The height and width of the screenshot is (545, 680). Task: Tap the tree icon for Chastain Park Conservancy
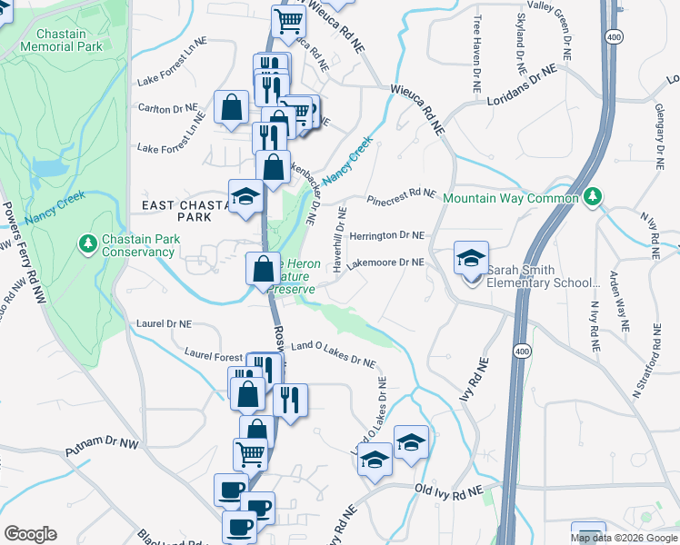pyautogui.click(x=88, y=243)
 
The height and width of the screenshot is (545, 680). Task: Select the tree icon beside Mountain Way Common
pyautogui.click(x=593, y=196)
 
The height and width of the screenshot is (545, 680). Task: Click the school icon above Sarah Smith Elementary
pyautogui.click(x=472, y=258)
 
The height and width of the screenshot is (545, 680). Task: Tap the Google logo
pyautogui.click(x=30, y=534)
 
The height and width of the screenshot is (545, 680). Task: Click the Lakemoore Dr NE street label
pyautogui.click(x=385, y=263)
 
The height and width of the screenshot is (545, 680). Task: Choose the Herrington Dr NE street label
pyautogui.click(x=386, y=235)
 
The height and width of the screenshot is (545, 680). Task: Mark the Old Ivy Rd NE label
pyautogui.click(x=448, y=490)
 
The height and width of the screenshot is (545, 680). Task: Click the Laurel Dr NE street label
pyautogui.click(x=164, y=323)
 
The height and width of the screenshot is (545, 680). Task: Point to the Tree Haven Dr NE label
pyautogui.click(x=476, y=54)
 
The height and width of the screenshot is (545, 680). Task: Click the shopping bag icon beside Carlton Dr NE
pyautogui.click(x=232, y=107)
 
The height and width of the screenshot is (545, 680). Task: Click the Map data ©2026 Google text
pyautogui.click(x=624, y=538)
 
